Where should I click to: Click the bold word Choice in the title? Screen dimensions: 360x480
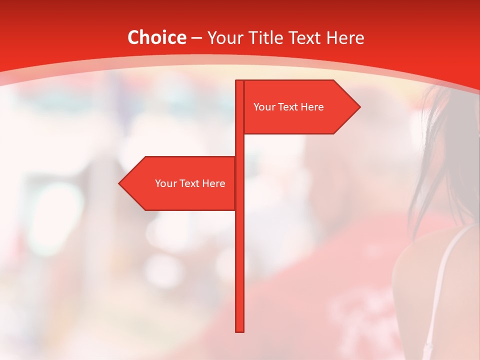(x=156, y=37)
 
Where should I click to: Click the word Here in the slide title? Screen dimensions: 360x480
(x=344, y=37)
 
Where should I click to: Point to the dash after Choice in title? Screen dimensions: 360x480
(x=196, y=38)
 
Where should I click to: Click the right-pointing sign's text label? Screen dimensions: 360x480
(x=288, y=107)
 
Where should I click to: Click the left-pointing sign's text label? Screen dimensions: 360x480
(x=190, y=183)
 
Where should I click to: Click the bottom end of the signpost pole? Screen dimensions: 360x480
(x=240, y=330)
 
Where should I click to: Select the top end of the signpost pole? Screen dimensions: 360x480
(x=240, y=82)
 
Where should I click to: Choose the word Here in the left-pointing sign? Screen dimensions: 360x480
(x=214, y=183)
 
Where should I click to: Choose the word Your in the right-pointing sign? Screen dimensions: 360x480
(x=264, y=107)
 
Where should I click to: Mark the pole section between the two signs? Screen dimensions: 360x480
(x=240, y=145)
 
